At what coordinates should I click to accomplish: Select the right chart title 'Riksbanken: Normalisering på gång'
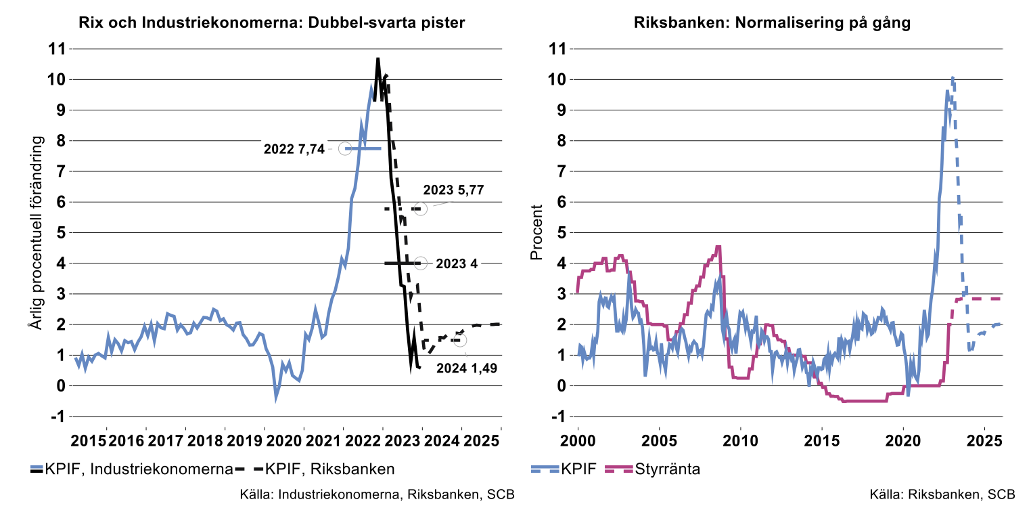point(773,22)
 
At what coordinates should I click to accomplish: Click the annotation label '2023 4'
point(457,263)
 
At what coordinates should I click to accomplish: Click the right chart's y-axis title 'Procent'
point(536,232)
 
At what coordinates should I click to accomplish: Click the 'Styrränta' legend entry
point(666,468)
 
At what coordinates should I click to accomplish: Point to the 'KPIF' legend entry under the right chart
point(582,468)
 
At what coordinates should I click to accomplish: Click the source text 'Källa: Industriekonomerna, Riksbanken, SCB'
point(377,493)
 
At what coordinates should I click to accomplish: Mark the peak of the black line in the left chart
point(377,59)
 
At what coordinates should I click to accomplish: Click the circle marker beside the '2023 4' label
point(421,263)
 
